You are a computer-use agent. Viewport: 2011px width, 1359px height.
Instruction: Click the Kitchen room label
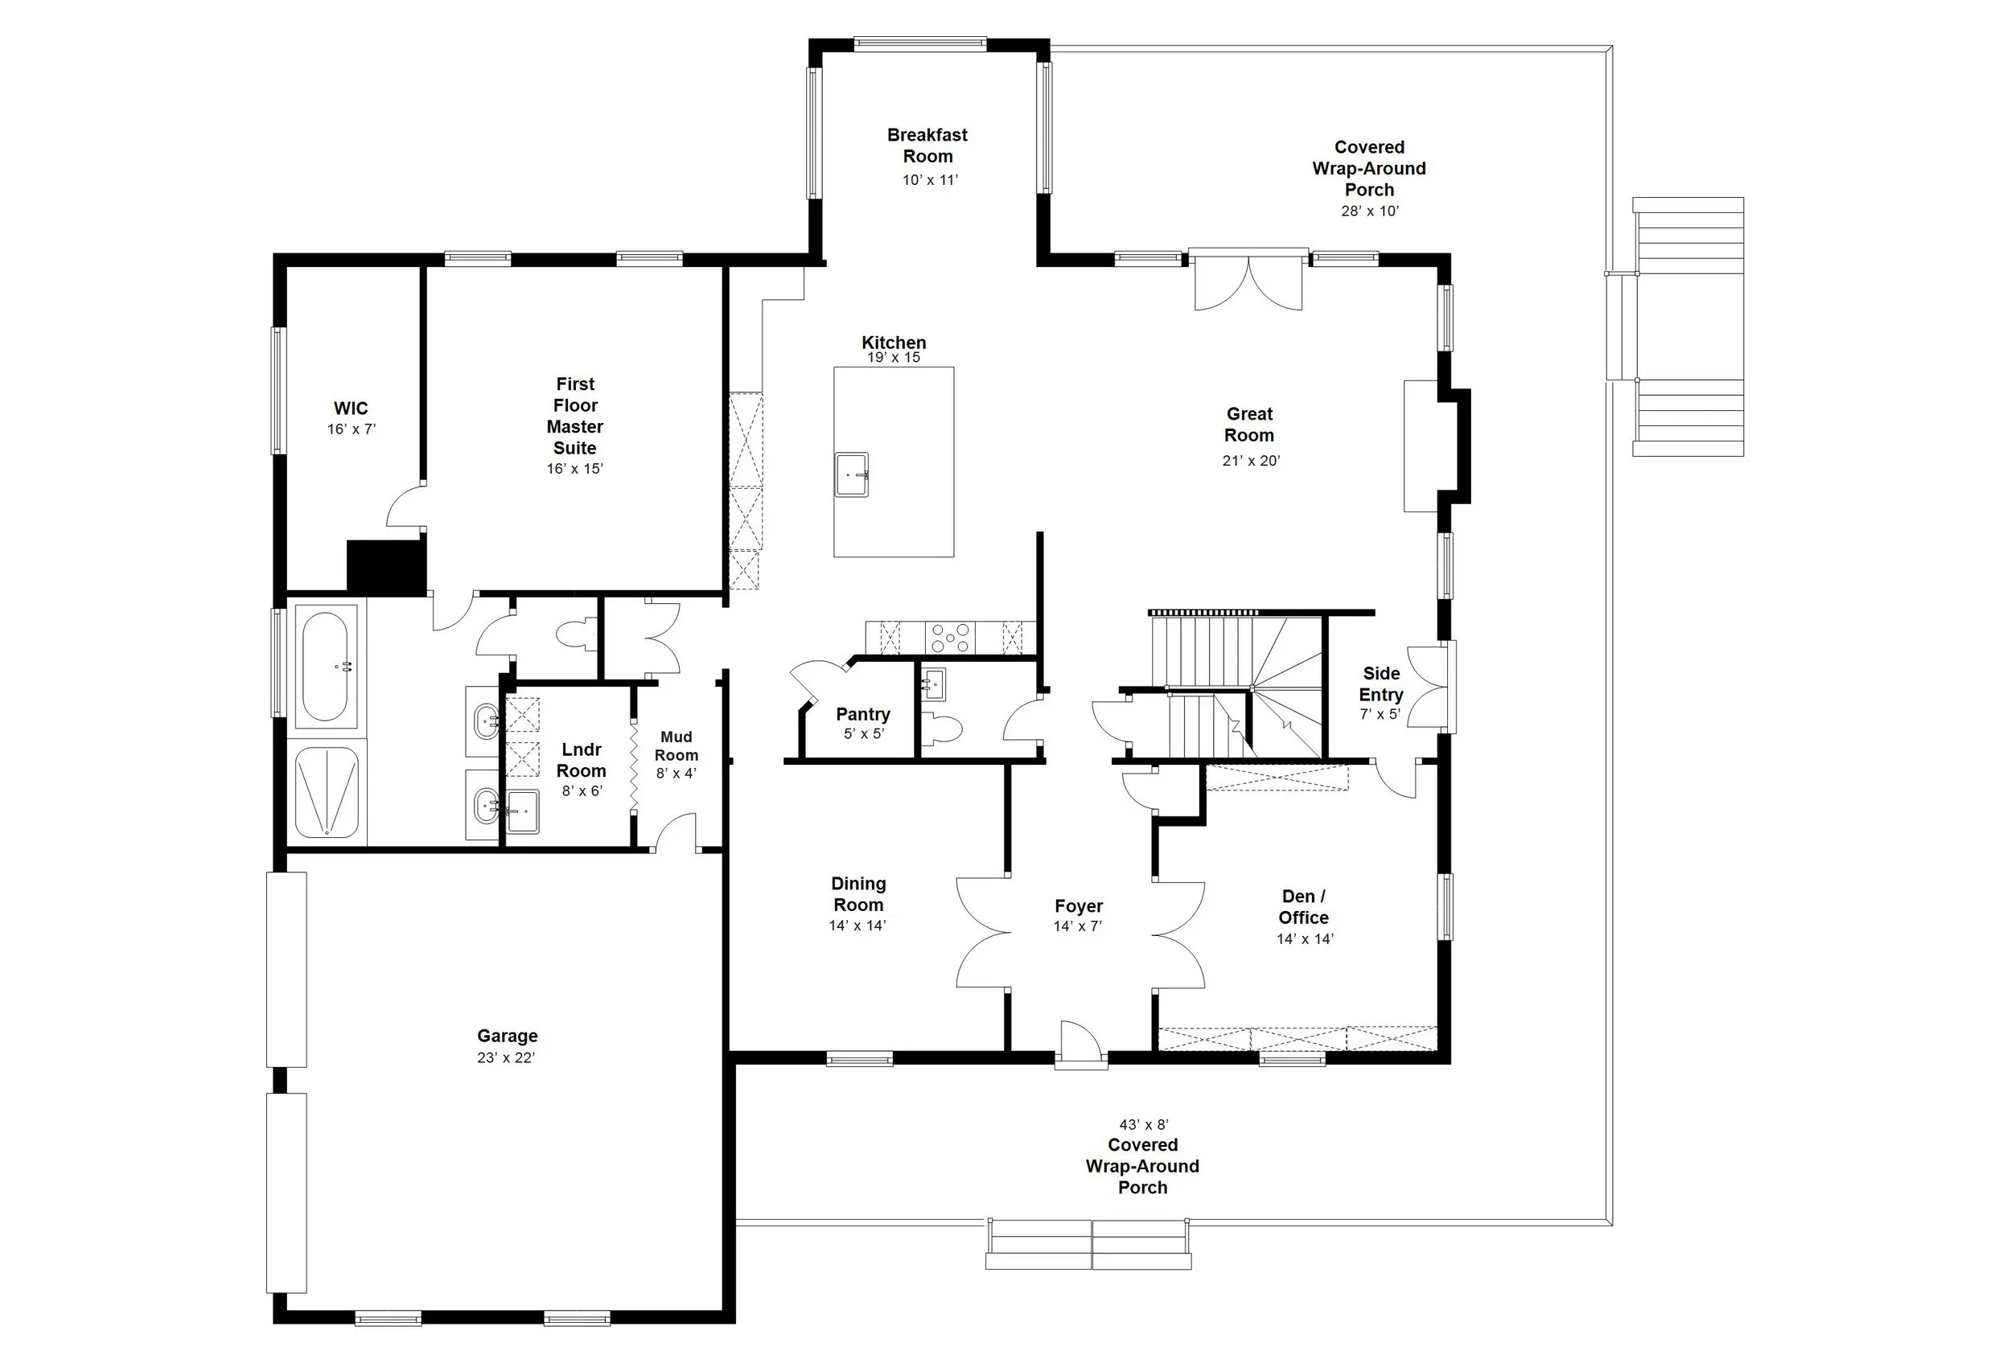pos(893,343)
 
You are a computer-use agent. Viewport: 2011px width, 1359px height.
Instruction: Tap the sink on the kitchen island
pos(852,474)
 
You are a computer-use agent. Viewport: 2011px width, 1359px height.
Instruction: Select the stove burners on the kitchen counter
pos(949,638)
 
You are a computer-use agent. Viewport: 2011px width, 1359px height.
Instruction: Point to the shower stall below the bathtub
pos(327,791)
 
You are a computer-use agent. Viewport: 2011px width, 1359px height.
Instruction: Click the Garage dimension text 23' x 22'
pos(506,1057)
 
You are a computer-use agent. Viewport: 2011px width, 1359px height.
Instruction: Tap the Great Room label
pos(1248,425)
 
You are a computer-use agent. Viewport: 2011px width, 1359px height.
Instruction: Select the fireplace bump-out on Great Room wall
pos(1454,445)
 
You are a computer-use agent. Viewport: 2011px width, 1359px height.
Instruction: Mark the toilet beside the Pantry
pos(941,729)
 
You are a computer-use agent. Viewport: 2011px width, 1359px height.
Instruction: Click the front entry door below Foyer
pos(1080,1043)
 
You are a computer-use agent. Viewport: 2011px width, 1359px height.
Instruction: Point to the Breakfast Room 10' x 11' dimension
pos(930,180)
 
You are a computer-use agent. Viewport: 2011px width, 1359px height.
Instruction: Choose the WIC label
pos(351,409)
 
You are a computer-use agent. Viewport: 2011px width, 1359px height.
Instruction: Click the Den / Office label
pos(1303,906)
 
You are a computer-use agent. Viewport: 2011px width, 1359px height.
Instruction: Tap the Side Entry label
pos(1380,684)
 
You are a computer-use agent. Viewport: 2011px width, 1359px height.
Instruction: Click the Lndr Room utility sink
pos(522,811)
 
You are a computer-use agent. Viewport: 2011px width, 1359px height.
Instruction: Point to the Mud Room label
pos(676,745)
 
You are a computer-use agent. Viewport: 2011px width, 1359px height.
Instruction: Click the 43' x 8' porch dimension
pos(1143,1124)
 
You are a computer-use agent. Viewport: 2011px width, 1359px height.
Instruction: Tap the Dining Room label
pos(857,893)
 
